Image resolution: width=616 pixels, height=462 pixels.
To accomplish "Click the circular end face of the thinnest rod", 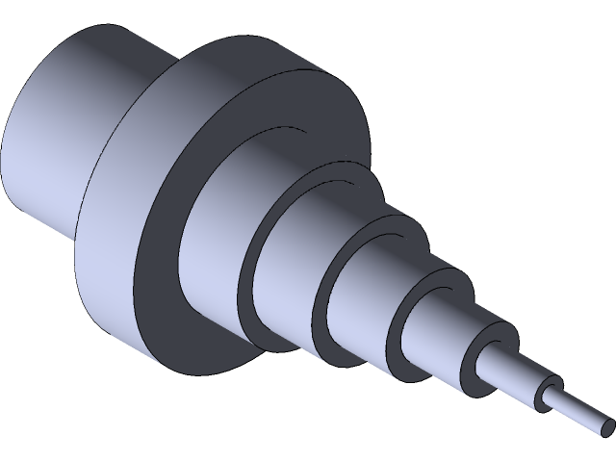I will pyautogui.click(x=606, y=424).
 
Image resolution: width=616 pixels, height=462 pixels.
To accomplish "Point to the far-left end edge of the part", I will pyautogui.click(x=5, y=144).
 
